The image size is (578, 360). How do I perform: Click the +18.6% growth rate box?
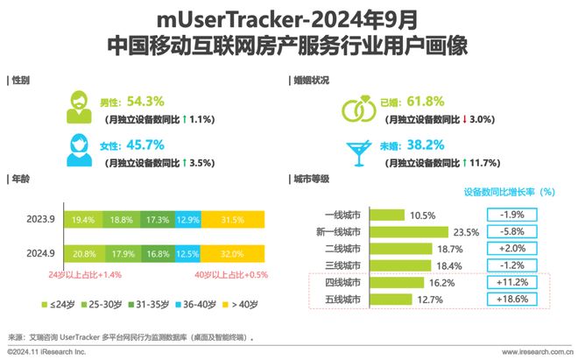511,300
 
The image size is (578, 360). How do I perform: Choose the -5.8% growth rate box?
511,232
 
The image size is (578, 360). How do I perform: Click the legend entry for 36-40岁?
196,303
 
